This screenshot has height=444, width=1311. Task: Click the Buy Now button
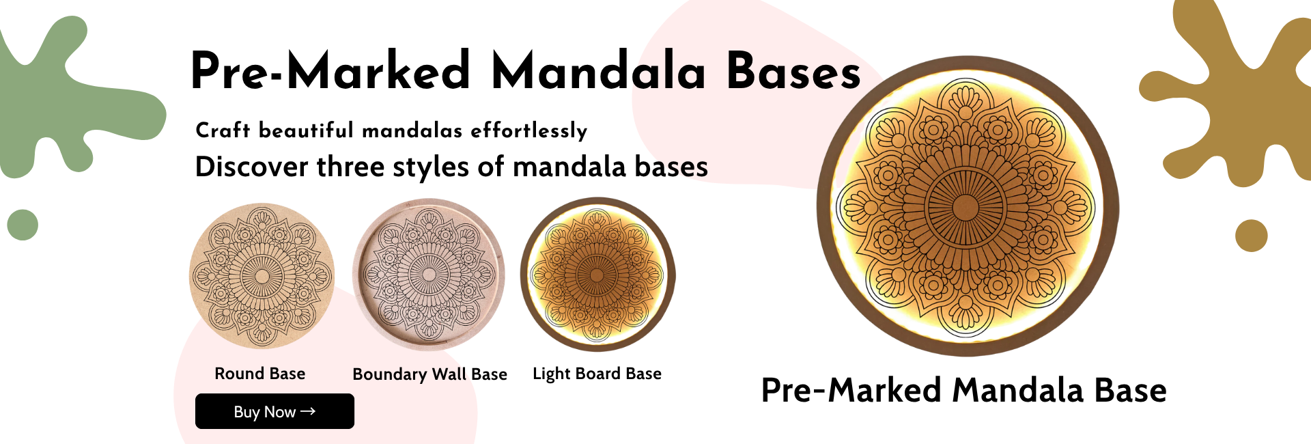274,411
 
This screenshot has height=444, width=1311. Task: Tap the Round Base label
260,374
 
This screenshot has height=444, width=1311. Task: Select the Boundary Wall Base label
429,374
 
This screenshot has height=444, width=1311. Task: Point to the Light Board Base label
597,374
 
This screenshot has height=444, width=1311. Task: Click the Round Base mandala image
262,275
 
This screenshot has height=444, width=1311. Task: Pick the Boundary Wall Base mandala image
429,275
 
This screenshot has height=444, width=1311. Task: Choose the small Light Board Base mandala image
597,275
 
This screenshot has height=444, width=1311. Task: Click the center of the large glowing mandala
965,206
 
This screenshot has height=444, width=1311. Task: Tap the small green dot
23,225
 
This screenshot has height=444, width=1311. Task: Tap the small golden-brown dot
1251,236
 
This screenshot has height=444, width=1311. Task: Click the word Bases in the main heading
793,71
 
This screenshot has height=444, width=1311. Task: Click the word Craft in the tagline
223,130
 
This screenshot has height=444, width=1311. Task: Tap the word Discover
252,166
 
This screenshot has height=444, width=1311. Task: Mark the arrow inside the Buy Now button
308,411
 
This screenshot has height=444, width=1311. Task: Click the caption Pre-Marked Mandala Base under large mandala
964,390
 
